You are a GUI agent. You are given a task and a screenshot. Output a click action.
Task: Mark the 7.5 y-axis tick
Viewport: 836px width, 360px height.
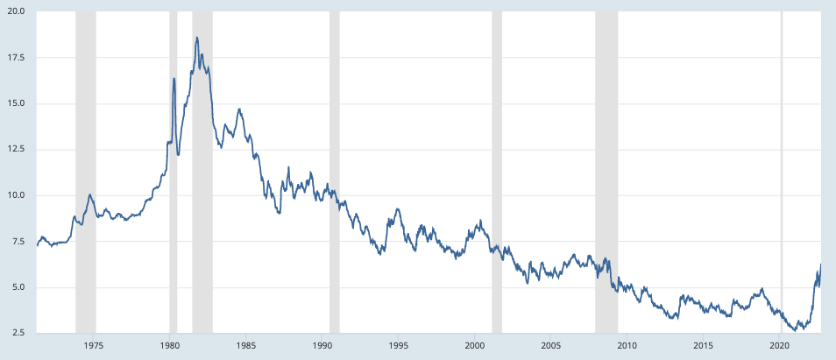coord(18,242)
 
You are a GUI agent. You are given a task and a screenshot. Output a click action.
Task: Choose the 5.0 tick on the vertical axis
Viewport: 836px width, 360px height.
coord(18,287)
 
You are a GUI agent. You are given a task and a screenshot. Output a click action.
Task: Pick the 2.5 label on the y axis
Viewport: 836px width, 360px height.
coord(18,334)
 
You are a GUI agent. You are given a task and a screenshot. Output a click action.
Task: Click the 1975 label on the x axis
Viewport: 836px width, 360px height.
coord(94,346)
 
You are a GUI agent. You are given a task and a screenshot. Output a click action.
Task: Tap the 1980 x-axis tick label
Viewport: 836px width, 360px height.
coord(170,346)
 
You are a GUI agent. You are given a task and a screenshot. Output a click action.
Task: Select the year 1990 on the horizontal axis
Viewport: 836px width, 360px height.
coord(322,346)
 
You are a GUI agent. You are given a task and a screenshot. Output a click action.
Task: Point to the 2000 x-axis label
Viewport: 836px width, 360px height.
coord(475,346)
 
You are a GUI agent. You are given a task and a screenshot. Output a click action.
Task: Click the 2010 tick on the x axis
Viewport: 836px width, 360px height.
coord(627,346)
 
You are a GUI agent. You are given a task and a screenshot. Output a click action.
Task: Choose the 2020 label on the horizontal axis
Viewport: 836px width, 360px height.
coord(780,346)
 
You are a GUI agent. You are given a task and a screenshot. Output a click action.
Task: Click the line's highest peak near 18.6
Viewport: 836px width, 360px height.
coord(197,38)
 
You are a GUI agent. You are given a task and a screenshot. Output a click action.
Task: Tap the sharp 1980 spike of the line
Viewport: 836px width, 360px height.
coord(174,79)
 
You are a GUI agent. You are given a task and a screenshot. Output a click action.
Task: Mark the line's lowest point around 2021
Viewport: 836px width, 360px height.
coord(792,330)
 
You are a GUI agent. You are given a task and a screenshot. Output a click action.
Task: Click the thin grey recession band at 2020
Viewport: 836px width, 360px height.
coord(782,175)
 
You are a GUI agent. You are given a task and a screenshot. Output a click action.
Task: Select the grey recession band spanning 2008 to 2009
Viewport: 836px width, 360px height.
coord(606,175)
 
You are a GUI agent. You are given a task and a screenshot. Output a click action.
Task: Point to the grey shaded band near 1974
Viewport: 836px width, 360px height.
coord(86,175)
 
